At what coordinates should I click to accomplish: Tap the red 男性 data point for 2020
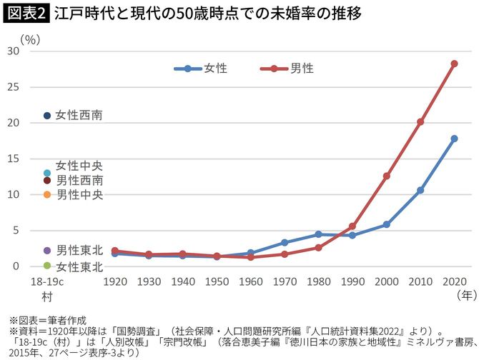click(x=454, y=64)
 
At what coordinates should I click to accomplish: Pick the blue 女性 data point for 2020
click(x=454, y=139)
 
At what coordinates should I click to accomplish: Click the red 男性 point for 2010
click(x=420, y=122)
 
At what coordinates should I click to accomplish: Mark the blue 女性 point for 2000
click(x=386, y=224)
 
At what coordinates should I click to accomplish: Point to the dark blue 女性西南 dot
click(x=47, y=115)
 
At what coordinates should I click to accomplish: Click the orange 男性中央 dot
click(x=47, y=194)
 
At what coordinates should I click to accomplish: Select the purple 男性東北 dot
click(x=47, y=250)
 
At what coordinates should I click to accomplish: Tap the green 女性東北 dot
click(x=47, y=266)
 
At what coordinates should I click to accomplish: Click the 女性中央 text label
click(x=79, y=166)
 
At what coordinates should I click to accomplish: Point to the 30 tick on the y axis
click(x=12, y=51)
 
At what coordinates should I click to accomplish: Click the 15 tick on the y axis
click(x=12, y=159)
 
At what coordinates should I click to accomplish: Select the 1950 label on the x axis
click(x=217, y=281)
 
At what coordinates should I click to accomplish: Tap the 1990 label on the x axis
click(x=352, y=281)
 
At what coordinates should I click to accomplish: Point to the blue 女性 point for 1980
click(x=318, y=234)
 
